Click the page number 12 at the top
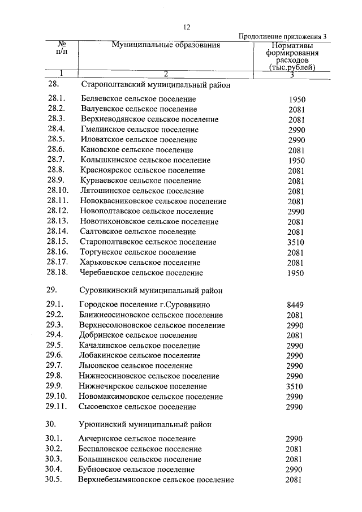click(x=187, y=27)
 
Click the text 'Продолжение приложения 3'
click(x=283, y=36)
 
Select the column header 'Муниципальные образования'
click(x=165, y=45)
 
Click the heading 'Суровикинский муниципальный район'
click(x=150, y=290)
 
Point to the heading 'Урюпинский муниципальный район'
click(x=145, y=424)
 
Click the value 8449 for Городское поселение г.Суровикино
click(x=295, y=305)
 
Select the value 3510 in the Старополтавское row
click(x=295, y=242)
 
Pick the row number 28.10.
click(x=58, y=191)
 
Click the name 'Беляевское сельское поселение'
click(x=139, y=99)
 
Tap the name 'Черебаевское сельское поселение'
click(x=141, y=273)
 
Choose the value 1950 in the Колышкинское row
click(x=295, y=161)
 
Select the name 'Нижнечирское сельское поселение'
click(x=143, y=386)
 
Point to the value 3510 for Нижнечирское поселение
click(x=295, y=386)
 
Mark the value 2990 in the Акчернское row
click(x=295, y=438)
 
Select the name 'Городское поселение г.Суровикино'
click(x=145, y=305)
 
